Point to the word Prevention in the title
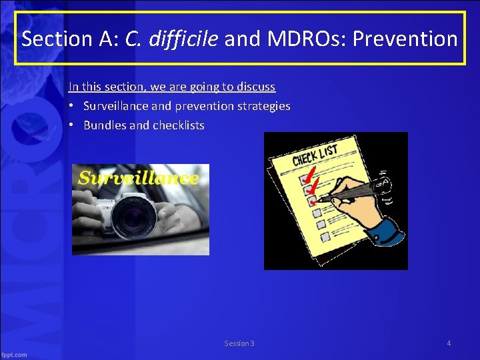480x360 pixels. point(405,39)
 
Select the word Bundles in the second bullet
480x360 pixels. point(103,125)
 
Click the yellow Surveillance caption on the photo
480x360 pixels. point(138,178)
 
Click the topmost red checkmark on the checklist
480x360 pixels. point(307,176)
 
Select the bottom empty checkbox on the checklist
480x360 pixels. point(323,237)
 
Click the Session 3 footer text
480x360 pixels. point(239,343)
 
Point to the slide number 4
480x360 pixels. point(449,343)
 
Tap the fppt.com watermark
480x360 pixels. point(15,355)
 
